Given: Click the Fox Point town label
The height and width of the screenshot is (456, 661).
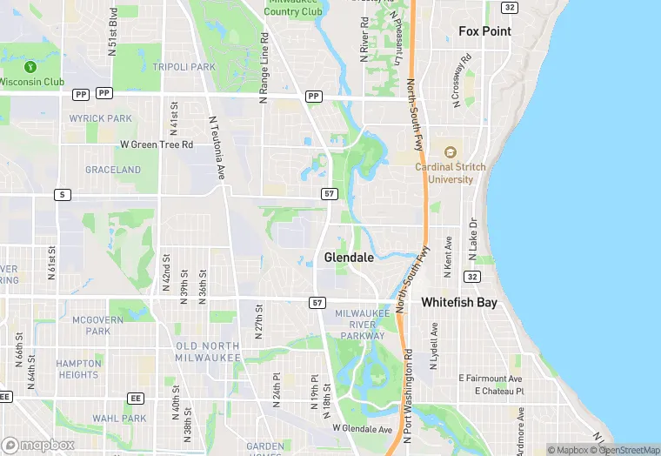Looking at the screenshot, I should pos(485,31).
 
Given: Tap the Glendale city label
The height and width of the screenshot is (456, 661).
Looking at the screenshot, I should pos(349,258).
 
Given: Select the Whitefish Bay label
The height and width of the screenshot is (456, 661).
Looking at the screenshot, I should pos(459,303).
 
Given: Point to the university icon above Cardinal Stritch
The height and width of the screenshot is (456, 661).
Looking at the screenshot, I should pos(451,152).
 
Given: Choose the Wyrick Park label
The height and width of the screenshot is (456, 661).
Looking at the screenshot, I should pos(100,118).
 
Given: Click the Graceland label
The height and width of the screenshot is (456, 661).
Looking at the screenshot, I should pos(113,170).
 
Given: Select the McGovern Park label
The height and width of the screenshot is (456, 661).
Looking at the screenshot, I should pos(91,325).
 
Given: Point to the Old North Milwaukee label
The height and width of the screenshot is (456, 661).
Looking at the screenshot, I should pos(208,352).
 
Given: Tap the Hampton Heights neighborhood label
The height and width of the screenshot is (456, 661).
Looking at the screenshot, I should pos(77,369).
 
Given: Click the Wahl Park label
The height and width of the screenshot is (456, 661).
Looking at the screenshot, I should pos(119,419).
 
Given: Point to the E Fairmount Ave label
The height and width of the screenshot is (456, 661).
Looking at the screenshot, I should pos(491,379).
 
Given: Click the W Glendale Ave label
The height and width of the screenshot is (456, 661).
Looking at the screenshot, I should pos(363,429).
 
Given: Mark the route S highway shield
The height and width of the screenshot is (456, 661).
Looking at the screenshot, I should pos(61,194).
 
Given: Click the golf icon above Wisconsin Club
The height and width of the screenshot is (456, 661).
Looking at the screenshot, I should pos(30,66).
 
